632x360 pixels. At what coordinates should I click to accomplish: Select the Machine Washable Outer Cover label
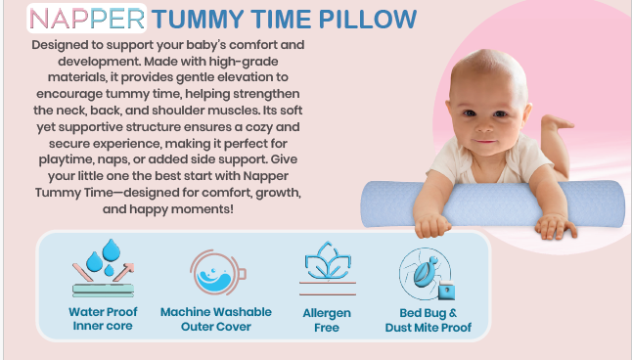click(216, 319)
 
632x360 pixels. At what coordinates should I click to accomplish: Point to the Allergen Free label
click(327, 319)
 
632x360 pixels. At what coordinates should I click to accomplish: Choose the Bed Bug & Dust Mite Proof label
click(428, 319)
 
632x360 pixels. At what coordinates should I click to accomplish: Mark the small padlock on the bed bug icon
click(446, 290)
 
